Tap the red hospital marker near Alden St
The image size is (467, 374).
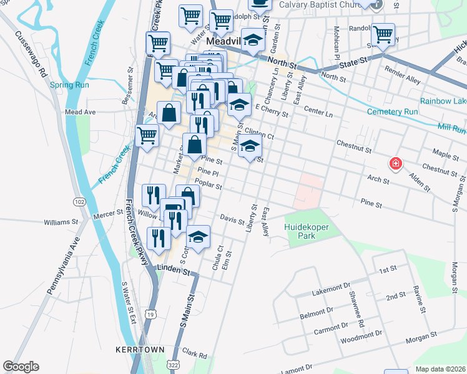pos(395,165)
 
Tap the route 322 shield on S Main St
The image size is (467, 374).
pos(174,363)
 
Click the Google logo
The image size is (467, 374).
pos(21,367)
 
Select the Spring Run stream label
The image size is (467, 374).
pos(70,85)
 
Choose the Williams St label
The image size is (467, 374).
pos(61,221)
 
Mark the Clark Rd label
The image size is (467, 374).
pos(195,355)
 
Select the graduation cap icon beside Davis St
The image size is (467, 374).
pos(199,237)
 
